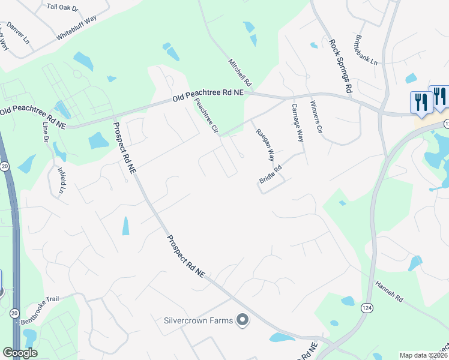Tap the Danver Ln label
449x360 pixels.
pyautogui.click(x=18, y=34)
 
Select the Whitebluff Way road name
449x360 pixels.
pyautogui.click(x=77, y=28)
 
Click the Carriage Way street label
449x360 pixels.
pyautogui.click(x=298, y=122)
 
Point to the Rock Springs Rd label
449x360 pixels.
pyautogui.click(x=340, y=66)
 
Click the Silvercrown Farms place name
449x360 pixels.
pyautogui.click(x=198, y=320)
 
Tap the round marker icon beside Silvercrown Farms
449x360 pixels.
pyautogui.click(x=243, y=320)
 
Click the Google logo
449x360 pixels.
pyautogui.click(x=20, y=353)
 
